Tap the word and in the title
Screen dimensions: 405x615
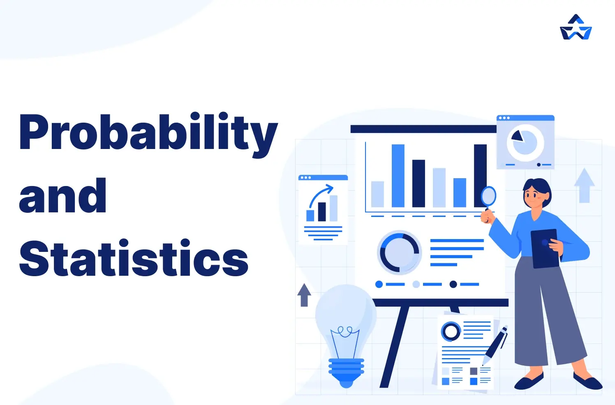[62, 197]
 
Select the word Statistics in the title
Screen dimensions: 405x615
[134, 258]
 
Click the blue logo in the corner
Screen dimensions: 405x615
[576, 28]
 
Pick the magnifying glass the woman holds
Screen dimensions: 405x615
[488, 196]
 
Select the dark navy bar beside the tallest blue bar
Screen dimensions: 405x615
[418, 183]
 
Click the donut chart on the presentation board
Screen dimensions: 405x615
[399, 252]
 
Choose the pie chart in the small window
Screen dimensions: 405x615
[525, 142]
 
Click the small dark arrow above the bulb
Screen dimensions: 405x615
[304, 295]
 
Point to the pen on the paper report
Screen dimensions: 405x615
[496, 344]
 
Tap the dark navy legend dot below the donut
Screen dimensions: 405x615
[453, 284]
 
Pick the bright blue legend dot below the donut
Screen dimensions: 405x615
[379, 284]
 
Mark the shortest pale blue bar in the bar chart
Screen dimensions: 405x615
[377, 194]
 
